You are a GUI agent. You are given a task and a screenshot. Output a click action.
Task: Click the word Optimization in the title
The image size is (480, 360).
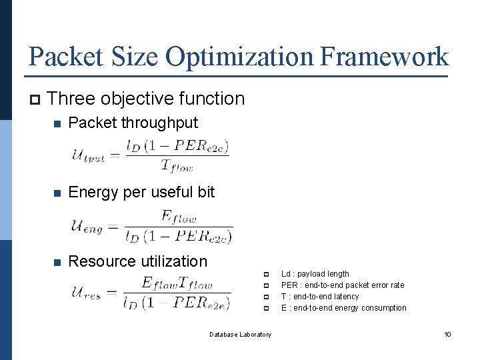[x=239, y=57]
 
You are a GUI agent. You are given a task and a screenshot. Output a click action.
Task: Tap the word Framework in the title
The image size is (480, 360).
[x=385, y=57]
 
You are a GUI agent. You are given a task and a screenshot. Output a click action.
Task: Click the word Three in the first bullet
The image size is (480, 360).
[x=73, y=99]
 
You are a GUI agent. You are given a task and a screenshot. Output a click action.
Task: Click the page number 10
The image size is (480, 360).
[x=448, y=334]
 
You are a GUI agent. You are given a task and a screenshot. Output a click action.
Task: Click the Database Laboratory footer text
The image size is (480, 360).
[x=240, y=334]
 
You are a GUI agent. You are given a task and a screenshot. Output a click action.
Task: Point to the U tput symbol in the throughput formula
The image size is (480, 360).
[x=88, y=156]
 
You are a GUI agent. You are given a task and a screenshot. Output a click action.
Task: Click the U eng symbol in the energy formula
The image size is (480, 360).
[x=87, y=226]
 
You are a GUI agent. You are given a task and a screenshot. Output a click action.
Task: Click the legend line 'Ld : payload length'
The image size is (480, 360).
[x=315, y=274]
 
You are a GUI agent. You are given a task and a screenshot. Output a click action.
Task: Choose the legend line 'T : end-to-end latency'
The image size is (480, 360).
[x=320, y=297]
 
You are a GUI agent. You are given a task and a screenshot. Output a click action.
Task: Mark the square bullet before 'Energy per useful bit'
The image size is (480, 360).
[x=58, y=193]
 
